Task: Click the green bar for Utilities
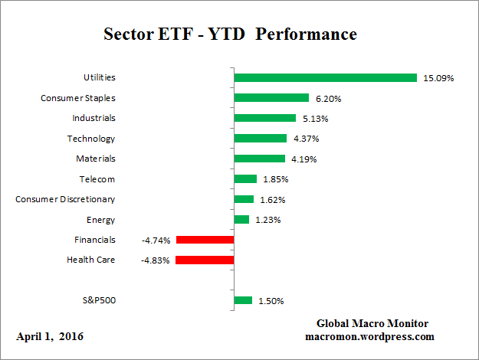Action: tap(325, 77)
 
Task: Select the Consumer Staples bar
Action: tap(271, 98)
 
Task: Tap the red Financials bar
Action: tap(205, 240)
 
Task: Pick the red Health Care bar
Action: tap(204, 260)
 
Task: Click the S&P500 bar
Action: tap(243, 300)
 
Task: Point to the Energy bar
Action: tap(241, 220)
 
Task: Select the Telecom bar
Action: tap(245, 179)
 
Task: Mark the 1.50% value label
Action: tap(270, 300)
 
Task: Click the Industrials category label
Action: tap(94, 118)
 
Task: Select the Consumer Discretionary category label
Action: tap(65, 199)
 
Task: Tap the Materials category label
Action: tap(96, 159)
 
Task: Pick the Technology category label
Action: tap(91, 139)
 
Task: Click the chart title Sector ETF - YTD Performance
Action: tap(230, 35)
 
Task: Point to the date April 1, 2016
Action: tap(50, 336)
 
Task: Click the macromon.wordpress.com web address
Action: tap(370, 336)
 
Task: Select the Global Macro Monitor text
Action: tap(372, 323)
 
